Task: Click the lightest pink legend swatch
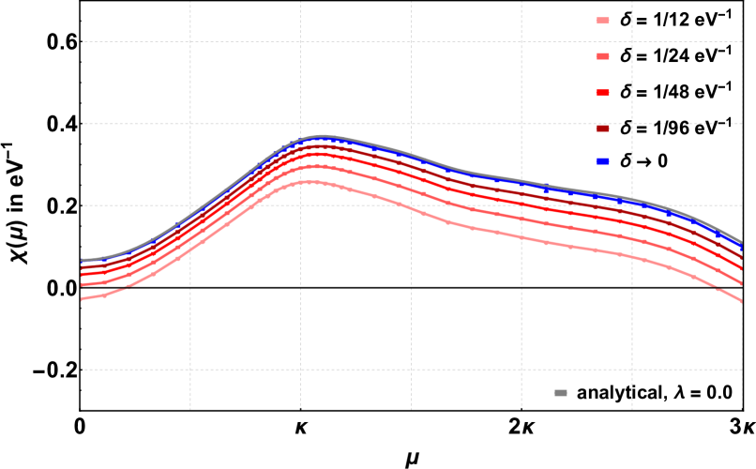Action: point(602,21)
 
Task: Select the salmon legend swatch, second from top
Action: point(602,56)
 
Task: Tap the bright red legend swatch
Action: point(602,93)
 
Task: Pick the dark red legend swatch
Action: point(602,129)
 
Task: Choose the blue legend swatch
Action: point(602,161)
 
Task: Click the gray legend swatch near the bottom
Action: point(561,393)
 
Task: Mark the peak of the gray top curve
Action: point(320,136)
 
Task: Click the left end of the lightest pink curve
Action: point(83,299)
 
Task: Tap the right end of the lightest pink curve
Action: point(741,301)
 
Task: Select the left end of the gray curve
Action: point(83,260)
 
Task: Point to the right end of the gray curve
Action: point(741,244)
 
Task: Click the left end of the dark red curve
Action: point(83,267)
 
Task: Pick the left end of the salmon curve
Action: point(83,284)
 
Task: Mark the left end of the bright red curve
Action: point(83,275)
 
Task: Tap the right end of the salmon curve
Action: point(741,282)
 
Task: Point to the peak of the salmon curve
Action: point(313,166)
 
